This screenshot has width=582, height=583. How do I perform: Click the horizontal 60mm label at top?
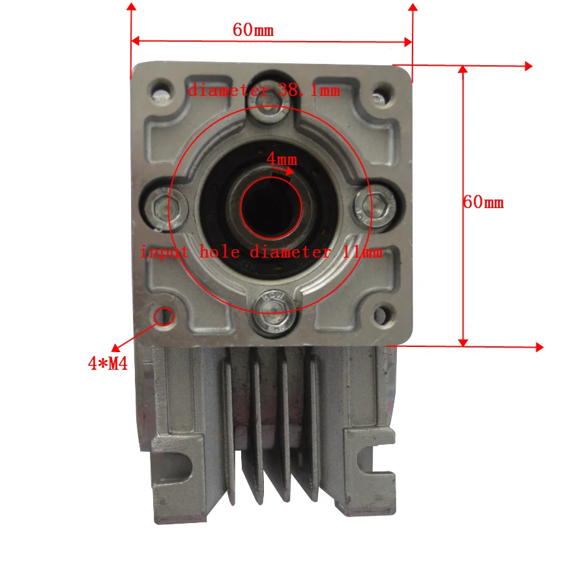[x=253, y=30]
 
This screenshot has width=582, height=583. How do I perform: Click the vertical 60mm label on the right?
[x=483, y=202]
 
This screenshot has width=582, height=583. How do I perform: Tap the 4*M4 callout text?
[x=107, y=363]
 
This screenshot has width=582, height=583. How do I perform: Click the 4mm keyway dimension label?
[x=282, y=158]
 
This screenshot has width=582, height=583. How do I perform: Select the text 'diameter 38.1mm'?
[x=264, y=91]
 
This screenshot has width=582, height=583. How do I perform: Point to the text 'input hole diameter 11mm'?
[x=261, y=252]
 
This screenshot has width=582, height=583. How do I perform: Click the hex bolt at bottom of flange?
[x=270, y=319]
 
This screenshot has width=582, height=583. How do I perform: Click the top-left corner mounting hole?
[x=160, y=91]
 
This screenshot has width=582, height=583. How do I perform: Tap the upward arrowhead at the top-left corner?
[x=132, y=8]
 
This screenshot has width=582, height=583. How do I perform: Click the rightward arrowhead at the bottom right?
[x=538, y=348]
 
